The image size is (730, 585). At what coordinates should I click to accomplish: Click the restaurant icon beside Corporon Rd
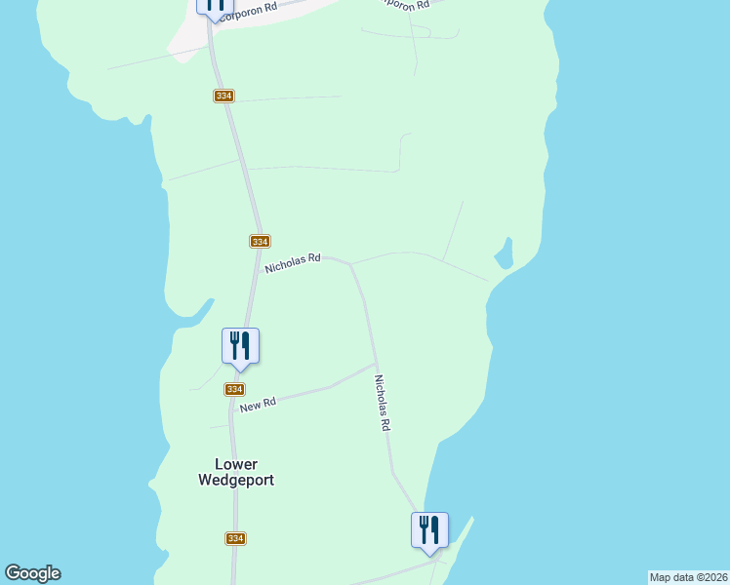tap(214, 5)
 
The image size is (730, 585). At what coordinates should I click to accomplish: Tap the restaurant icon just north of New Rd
tap(240, 347)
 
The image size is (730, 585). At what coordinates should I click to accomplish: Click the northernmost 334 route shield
tap(224, 96)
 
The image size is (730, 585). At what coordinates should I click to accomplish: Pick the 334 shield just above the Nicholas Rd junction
tap(259, 241)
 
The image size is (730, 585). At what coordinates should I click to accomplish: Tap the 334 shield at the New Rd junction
tap(234, 389)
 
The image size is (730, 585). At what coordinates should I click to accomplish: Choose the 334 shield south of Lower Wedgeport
tap(234, 538)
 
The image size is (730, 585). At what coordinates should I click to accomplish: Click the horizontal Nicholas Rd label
tap(293, 262)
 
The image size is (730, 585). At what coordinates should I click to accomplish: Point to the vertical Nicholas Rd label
tap(385, 405)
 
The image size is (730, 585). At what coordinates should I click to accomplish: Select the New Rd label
tap(258, 404)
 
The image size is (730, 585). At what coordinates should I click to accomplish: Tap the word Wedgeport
tap(236, 480)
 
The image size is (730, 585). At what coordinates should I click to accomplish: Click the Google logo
tap(32, 573)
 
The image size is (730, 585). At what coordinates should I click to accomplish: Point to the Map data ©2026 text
tap(688, 577)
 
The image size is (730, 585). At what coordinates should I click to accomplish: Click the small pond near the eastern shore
tap(504, 256)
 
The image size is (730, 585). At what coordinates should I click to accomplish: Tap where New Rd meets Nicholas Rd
tap(376, 365)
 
